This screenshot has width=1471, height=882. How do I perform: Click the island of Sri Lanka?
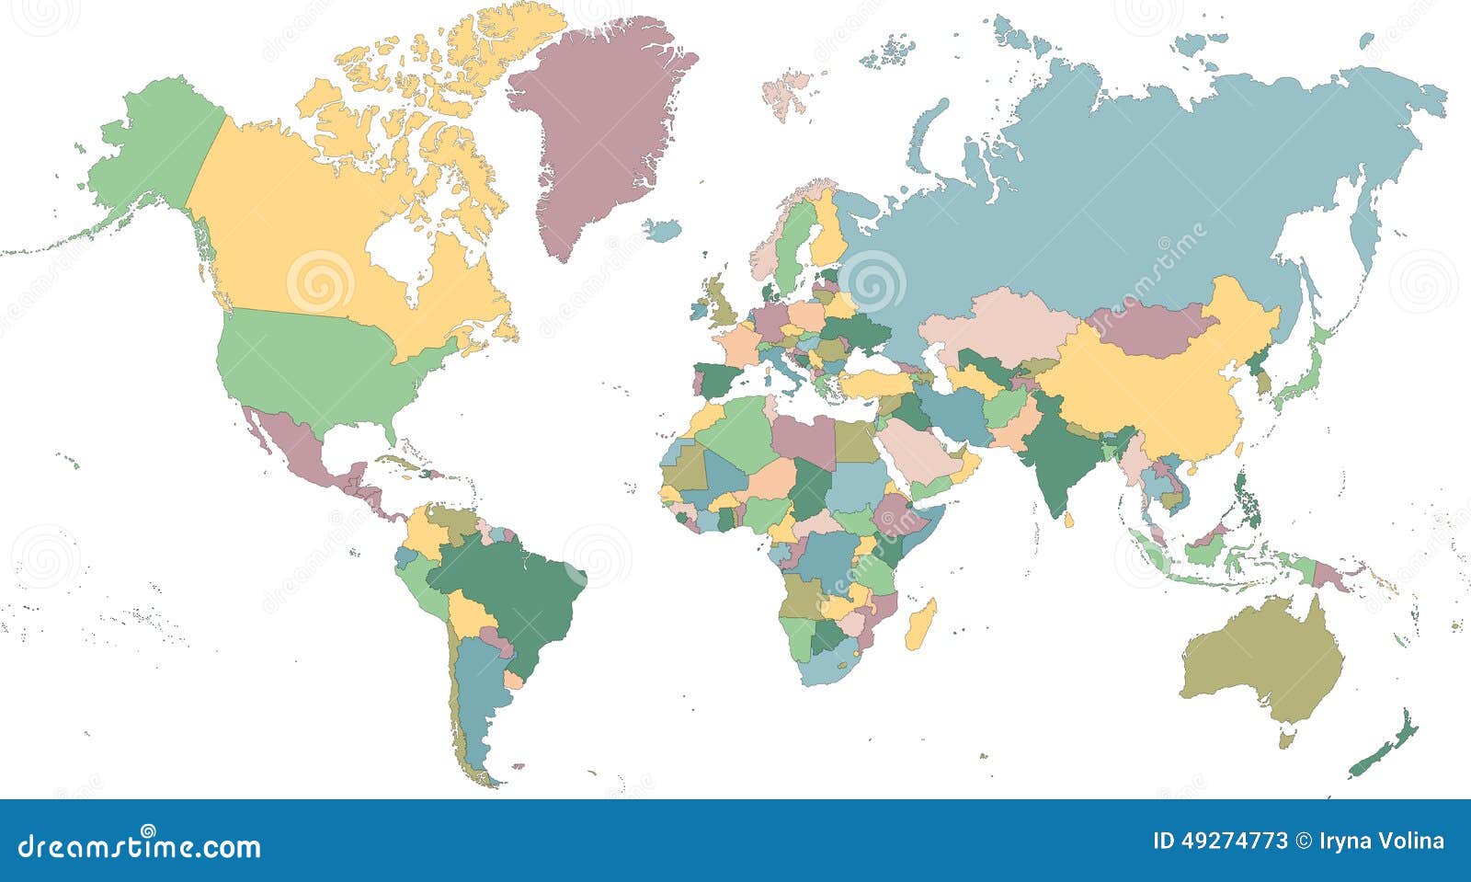pyautogui.click(x=1069, y=521)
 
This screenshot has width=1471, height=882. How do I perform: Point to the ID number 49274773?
pyautogui.click(x=1234, y=842)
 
